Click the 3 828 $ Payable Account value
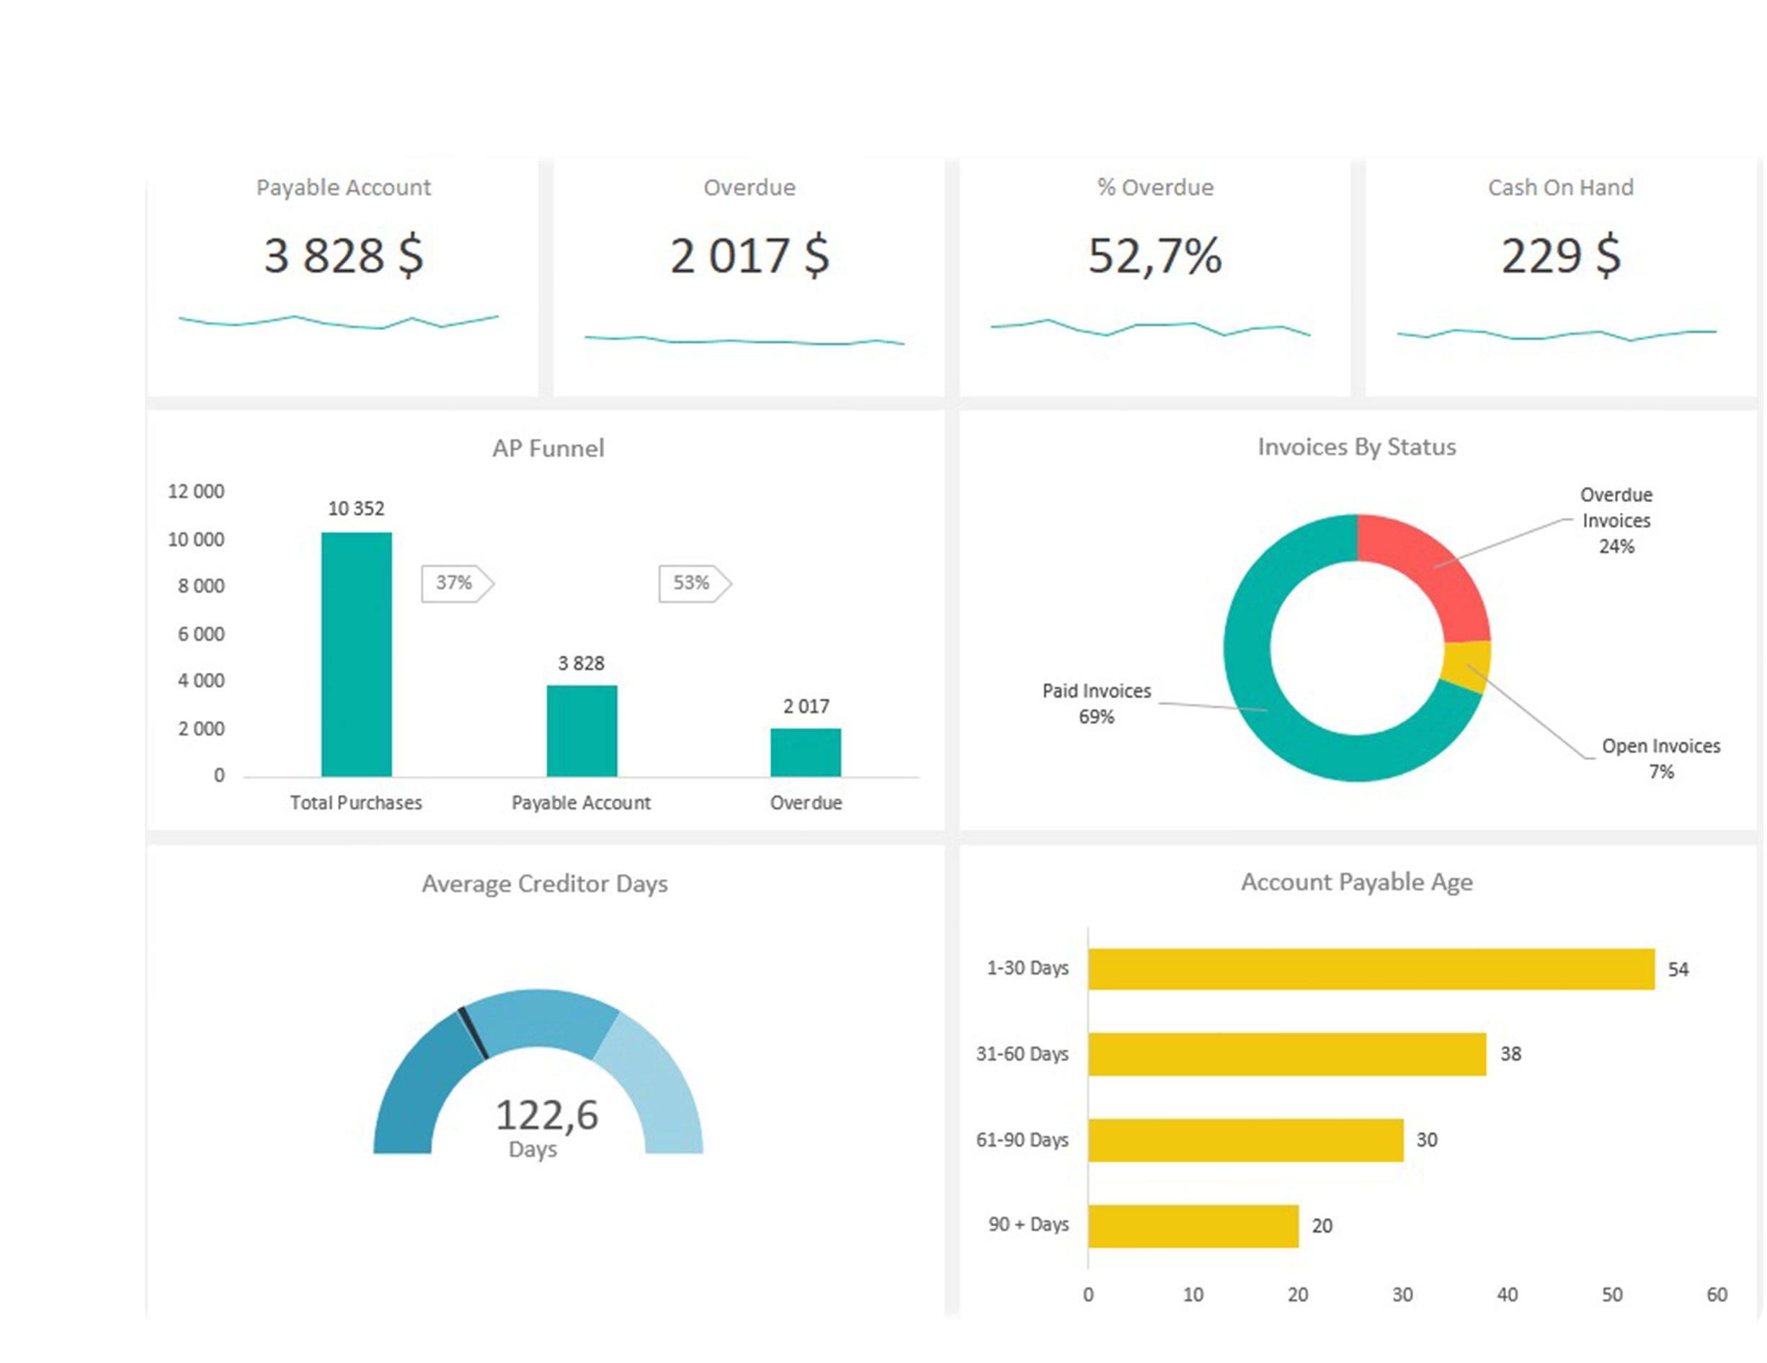(x=343, y=256)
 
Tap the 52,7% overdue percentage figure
(x=1154, y=256)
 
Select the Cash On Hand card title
(x=1560, y=188)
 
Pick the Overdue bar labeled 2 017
(x=805, y=752)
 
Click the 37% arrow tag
(x=456, y=584)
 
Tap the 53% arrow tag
(x=693, y=584)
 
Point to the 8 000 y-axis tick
(x=200, y=586)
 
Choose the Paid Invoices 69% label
(x=1096, y=703)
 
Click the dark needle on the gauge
(x=473, y=1033)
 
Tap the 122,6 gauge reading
(x=546, y=1114)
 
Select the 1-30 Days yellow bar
(x=1371, y=969)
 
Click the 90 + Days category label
(x=1028, y=1225)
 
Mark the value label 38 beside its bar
(x=1510, y=1054)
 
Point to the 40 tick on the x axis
(x=1506, y=1295)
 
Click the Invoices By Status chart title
(x=1356, y=447)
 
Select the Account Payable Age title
(x=1356, y=882)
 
